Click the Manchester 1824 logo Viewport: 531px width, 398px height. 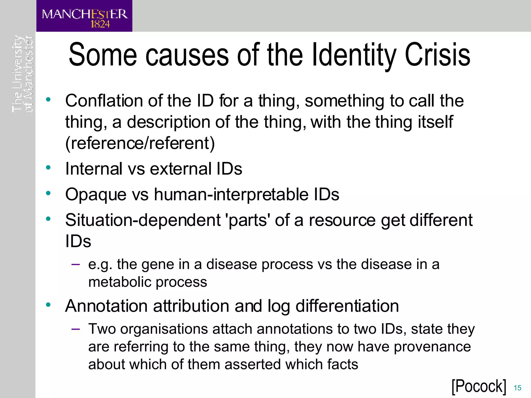(x=84, y=16)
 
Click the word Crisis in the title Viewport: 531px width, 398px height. (x=437, y=55)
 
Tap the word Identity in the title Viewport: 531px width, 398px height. (x=354, y=55)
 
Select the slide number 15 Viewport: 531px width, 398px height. (x=517, y=388)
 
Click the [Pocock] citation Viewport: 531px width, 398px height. (x=479, y=386)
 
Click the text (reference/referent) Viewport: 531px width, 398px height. (x=140, y=143)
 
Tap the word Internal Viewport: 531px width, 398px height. (x=93, y=169)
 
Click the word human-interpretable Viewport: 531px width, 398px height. (x=231, y=194)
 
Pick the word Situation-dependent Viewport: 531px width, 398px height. (x=143, y=220)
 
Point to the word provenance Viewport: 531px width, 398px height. (x=432, y=347)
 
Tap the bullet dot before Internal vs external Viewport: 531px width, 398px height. (x=48, y=168)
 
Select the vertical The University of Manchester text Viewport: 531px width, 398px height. (x=23, y=74)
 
